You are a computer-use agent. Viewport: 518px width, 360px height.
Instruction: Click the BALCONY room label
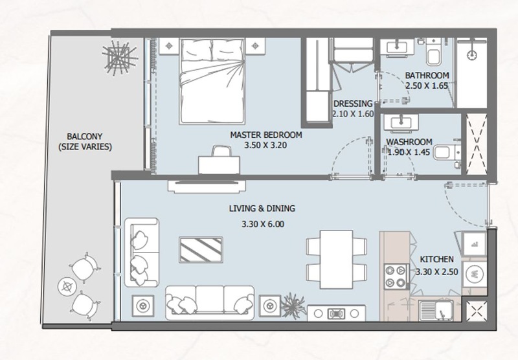pos(85,136)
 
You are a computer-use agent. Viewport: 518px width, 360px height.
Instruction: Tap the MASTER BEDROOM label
pos(266,135)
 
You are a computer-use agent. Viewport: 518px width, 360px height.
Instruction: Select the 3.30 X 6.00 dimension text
pos(263,224)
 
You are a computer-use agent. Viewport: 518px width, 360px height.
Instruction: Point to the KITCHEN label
pos(436,259)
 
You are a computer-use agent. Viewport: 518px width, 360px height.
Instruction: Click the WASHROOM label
pos(409,142)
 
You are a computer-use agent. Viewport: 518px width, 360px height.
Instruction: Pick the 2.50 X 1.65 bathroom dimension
pos(427,85)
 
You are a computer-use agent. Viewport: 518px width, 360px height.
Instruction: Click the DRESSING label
pos(353,104)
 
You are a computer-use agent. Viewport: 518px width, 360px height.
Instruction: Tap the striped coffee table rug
pos(201,250)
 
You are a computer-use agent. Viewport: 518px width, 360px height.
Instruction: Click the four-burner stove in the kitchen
pos(396,276)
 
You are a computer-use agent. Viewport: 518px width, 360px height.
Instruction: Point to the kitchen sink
pos(436,310)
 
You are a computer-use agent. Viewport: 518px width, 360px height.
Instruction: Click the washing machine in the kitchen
pos(475,274)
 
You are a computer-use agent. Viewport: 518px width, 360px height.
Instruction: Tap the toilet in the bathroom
pos(433,52)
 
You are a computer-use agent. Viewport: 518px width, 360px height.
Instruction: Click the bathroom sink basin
pos(397,46)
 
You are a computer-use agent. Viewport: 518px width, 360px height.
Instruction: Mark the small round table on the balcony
pos(67,286)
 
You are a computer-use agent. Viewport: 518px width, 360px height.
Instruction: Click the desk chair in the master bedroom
pos(221,151)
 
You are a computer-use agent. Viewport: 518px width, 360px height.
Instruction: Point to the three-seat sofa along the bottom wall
pos(210,303)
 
